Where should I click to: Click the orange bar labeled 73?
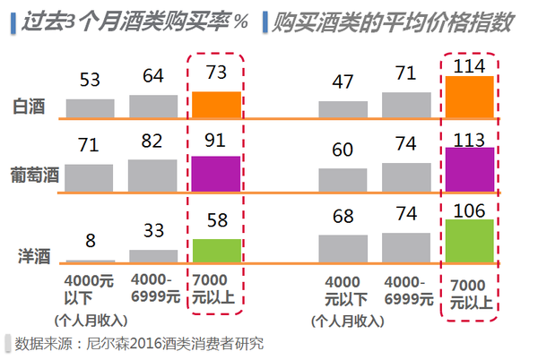(216, 105)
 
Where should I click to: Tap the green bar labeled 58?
(216, 250)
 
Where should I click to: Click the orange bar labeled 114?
(469, 97)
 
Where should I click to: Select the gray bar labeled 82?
(153, 174)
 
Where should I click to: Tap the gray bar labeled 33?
(153, 255)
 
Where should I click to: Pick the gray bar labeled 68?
(343, 248)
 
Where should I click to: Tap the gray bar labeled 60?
(343, 179)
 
